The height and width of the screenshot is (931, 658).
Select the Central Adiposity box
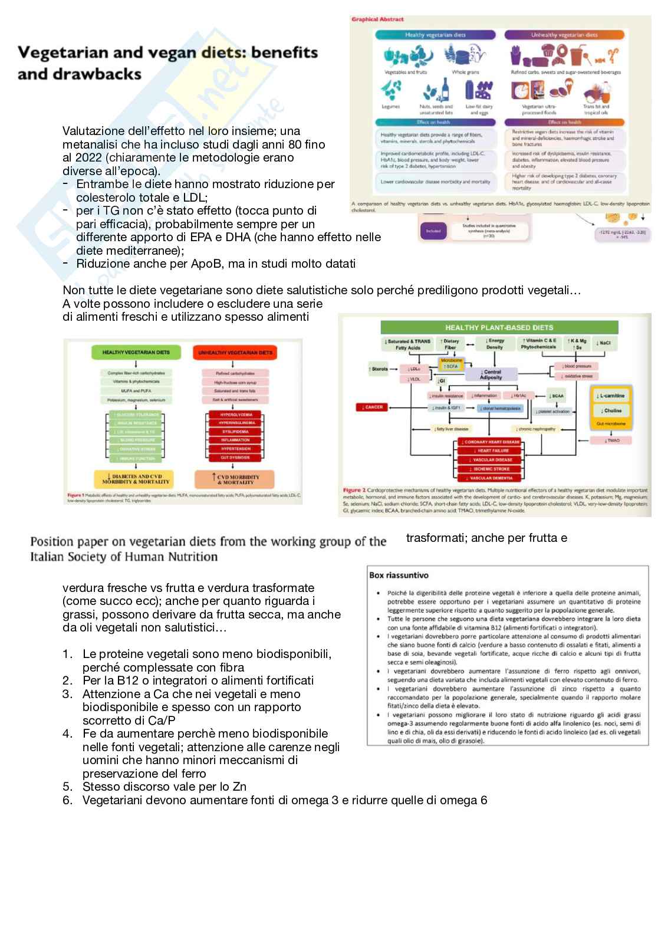[x=491, y=374]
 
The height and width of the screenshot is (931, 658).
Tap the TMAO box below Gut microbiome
[x=613, y=440]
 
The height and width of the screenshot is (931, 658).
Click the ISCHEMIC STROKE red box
[x=491, y=469]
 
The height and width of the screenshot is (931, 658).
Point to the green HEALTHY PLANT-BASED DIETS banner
[x=499, y=327]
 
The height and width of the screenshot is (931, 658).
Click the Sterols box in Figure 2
[x=379, y=369]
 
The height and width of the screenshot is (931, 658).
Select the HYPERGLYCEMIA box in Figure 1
[x=235, y=414]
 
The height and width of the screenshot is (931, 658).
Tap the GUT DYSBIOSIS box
[x=235, y=458]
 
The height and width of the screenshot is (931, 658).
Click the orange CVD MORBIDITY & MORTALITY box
[x=234, y=479]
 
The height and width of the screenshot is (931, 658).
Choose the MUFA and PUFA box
[x=136, y=391]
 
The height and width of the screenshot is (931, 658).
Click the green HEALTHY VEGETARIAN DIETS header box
[x=136, y=353]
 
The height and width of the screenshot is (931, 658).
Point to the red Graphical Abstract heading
[x=377, y=19]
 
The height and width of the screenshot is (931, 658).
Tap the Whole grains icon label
[x=465, y=73]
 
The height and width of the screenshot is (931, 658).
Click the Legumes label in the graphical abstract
[x=391, y=107]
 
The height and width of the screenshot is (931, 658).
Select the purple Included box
[x=433, y=231]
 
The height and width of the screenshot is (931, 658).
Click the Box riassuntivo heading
[x=399, y=575]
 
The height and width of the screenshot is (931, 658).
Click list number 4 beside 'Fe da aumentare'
[x=68, y=733]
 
